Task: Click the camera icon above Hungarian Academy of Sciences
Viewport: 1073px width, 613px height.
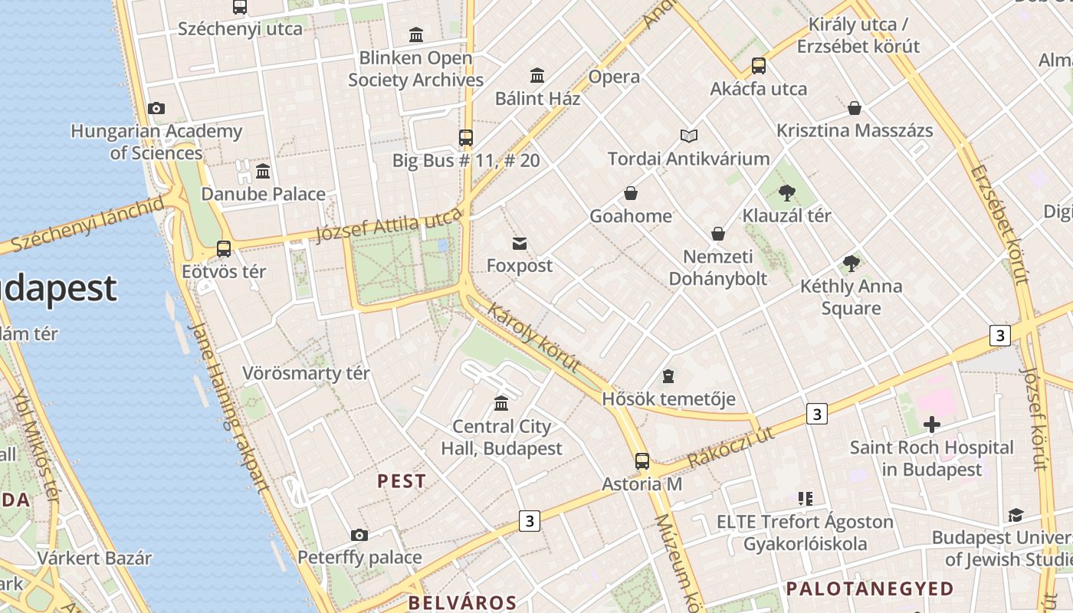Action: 156,108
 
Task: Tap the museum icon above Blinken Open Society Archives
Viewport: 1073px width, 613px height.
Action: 416,34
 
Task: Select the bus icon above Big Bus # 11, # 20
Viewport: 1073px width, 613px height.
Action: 466,138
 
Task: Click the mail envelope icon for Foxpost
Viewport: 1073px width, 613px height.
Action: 520,244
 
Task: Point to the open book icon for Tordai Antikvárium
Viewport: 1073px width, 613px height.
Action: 689,136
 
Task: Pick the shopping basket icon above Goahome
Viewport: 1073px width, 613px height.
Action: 631,193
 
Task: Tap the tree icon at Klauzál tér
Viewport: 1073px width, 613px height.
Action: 786,193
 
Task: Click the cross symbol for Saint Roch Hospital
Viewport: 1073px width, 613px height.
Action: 932,424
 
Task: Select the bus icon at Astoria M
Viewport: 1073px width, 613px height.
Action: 642,461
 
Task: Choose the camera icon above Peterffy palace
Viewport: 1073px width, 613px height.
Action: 359,535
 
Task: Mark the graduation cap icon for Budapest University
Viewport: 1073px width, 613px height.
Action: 1016,515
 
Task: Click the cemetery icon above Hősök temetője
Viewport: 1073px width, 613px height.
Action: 668,376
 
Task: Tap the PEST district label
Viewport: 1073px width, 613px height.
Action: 402,481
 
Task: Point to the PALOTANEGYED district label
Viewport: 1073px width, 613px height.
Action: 870,588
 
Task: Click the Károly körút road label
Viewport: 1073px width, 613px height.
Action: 533,339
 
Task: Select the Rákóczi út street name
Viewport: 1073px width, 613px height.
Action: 731,447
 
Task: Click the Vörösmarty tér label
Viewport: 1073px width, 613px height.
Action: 306,373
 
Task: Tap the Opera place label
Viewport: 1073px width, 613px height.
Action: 614,77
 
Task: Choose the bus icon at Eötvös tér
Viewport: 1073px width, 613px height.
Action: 224,249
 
